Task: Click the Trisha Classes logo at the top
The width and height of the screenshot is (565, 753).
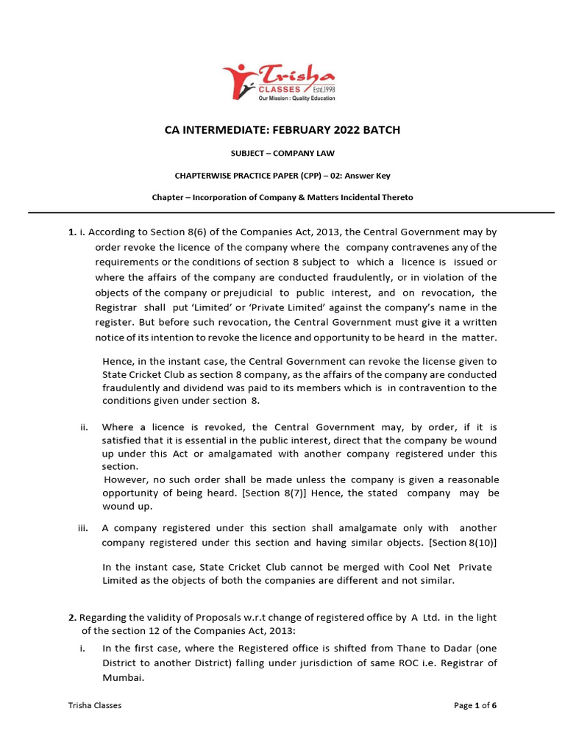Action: coord(280,81)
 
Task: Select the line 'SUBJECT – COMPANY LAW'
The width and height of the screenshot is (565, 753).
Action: coord(282,154)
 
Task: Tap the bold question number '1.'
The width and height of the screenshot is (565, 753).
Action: coord(72,232)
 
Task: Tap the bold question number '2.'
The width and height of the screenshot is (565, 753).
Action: coord(72,616)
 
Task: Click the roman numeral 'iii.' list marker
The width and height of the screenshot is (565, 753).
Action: coord(84,528)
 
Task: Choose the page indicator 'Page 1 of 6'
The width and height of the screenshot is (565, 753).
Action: coord(475,705)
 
